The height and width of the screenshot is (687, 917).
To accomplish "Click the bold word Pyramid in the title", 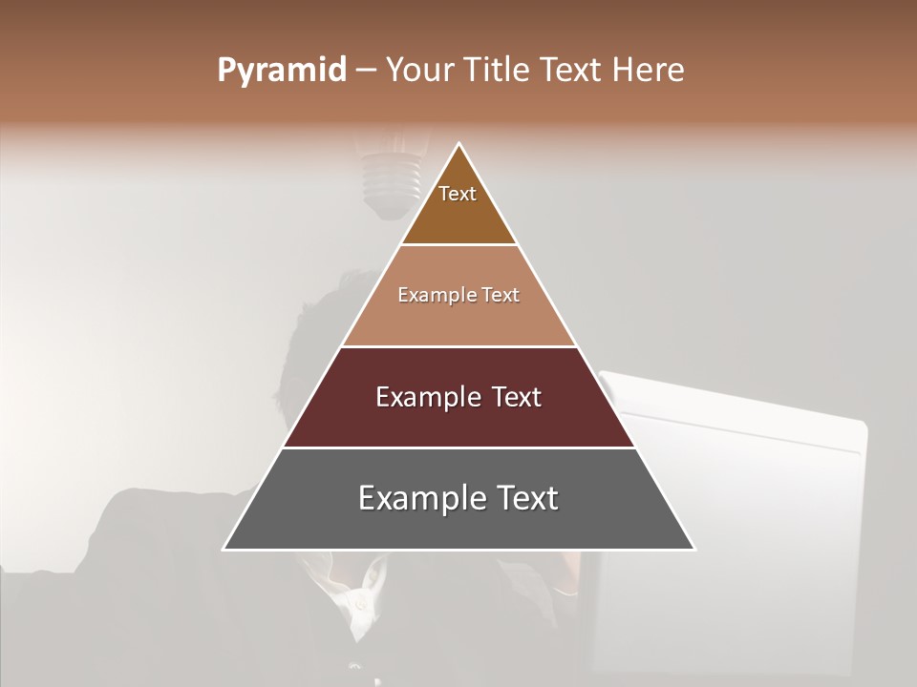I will pos(282,72).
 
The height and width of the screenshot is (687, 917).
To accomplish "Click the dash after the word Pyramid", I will pos(365,72).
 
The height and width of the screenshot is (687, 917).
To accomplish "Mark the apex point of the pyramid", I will pos(459,144).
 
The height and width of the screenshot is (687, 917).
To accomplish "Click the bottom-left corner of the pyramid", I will pos(224,549).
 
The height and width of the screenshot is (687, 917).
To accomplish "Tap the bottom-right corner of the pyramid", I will pos(693,549).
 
